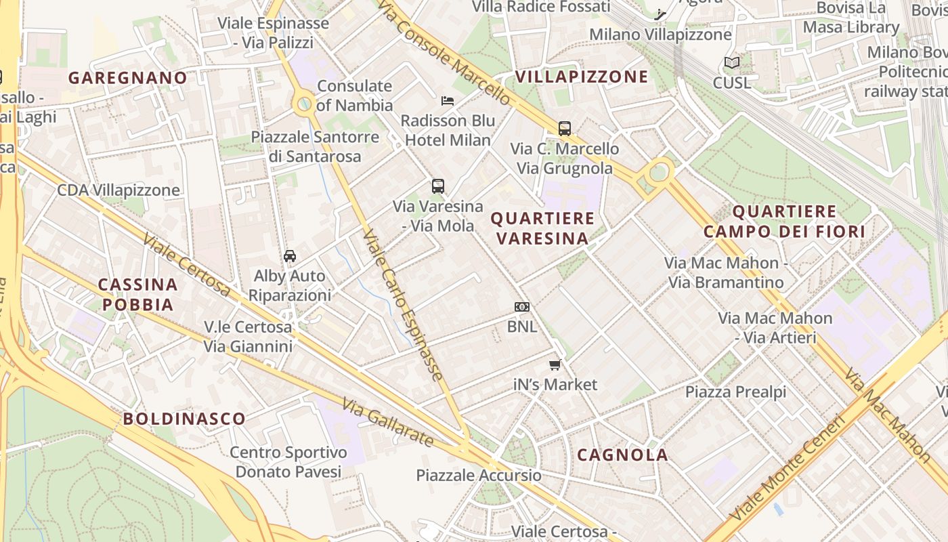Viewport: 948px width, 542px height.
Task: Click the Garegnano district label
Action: [x=127, y=78]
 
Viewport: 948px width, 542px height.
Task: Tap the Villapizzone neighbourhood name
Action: [x=582, y=77]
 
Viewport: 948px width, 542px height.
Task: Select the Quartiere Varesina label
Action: [x=542, y=228]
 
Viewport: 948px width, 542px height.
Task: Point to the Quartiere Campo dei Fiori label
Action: [x=784, y=222]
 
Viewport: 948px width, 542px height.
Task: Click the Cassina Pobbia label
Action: [x=138, y=295]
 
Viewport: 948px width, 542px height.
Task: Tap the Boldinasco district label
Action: [x=184, y=419]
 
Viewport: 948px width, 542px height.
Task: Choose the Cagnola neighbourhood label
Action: [x=622, y=455]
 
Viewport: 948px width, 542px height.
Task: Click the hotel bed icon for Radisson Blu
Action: [x=448, y=101]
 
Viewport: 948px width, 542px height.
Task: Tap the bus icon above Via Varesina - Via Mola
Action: [x=438, y=186]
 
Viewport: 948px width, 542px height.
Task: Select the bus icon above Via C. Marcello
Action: [x=565, y=128]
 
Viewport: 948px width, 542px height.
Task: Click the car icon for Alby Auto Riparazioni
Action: [x=290, y=255]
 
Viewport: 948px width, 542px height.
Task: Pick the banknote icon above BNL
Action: [x=521, y=307]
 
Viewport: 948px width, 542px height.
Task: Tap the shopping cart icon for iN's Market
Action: [x=555, y=365]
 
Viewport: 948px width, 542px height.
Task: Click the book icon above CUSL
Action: [x=732, y=63]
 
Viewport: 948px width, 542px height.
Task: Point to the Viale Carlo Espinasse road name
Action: [x=403, y=305]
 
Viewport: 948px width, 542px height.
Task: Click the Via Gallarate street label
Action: [x=388, y=422]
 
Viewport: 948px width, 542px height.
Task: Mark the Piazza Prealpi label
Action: [x=735, y=392]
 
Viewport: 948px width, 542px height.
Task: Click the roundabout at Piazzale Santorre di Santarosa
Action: [x=305, y=104]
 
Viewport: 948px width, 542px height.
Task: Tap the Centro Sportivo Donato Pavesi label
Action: [x=288, y=461]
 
